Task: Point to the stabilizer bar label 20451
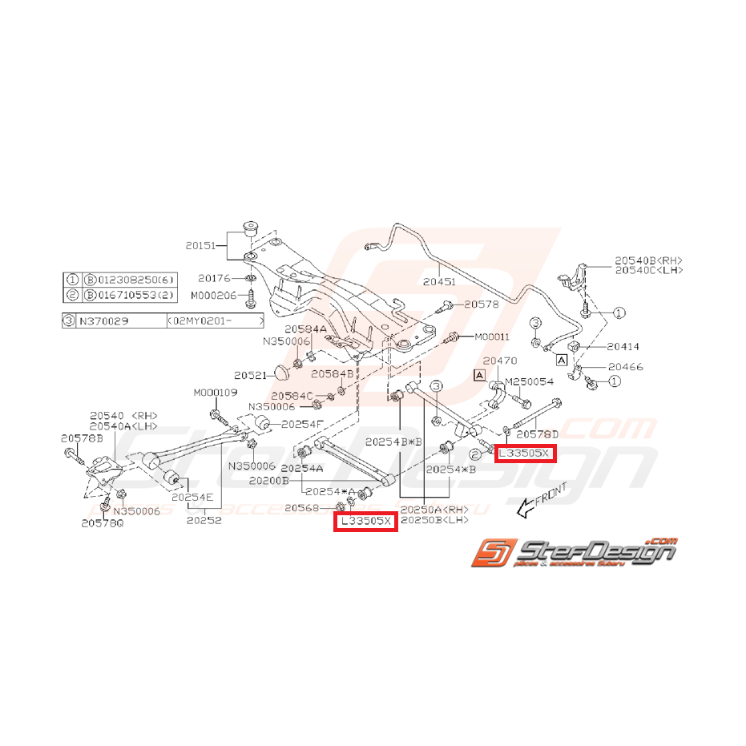pos(440,281)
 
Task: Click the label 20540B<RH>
pos(648,260)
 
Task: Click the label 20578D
pos(536,433)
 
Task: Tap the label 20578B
pos(82,438)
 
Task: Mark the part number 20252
pos(204,519)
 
